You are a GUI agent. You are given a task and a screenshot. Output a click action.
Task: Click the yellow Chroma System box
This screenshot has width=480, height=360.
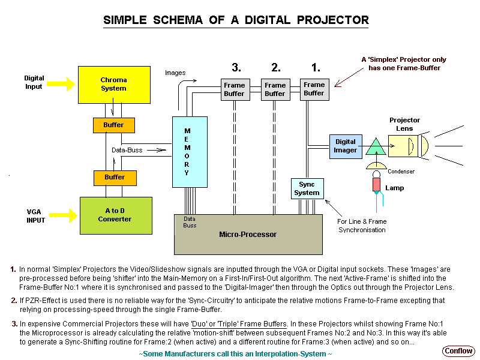click(113, 84)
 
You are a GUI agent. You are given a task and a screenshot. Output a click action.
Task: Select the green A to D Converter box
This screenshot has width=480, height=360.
click(115, 214)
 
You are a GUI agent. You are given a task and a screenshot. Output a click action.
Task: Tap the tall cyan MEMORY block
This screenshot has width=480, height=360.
click(187, 152)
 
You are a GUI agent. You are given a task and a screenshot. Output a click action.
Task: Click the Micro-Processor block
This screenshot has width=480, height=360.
click(247, 233)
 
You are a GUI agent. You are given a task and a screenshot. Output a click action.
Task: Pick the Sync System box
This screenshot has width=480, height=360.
click(307, 188)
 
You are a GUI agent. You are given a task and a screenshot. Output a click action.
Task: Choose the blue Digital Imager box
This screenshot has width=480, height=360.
click(345, 146)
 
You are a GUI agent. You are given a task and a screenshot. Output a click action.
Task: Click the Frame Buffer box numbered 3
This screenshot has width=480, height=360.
click(234, 89)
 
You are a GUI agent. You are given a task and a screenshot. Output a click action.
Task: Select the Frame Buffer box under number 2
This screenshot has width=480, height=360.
click(275, 89)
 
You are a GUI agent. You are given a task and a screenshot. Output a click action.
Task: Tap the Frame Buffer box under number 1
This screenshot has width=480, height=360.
click(313, 89)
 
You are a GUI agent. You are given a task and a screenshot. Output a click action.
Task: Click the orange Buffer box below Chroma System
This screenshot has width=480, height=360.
click(113, 125)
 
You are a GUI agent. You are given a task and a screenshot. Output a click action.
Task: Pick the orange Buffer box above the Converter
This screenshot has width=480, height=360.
click(113, 177)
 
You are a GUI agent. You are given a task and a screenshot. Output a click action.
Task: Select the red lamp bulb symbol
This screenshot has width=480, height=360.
click(376, 184)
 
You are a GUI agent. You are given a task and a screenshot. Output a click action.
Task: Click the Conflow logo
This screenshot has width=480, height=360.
click(458, 350)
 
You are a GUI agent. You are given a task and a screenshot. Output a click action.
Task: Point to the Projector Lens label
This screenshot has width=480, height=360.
click(404, 124)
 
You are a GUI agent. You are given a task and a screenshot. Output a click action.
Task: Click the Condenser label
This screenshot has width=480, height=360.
click(400, 172)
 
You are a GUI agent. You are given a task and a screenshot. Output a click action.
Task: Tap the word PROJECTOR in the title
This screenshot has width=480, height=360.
click(331, 20)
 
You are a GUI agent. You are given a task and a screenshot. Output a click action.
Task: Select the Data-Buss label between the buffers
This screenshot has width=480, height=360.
click(126, 150)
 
